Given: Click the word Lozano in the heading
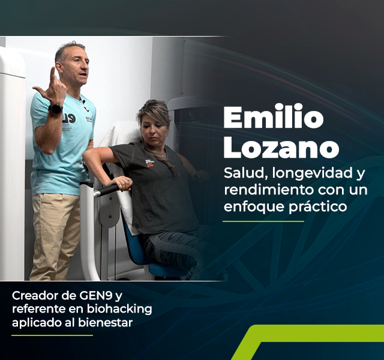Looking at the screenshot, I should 281,147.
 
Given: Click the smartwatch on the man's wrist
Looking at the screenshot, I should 55,109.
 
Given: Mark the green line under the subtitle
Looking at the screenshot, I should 263,221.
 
